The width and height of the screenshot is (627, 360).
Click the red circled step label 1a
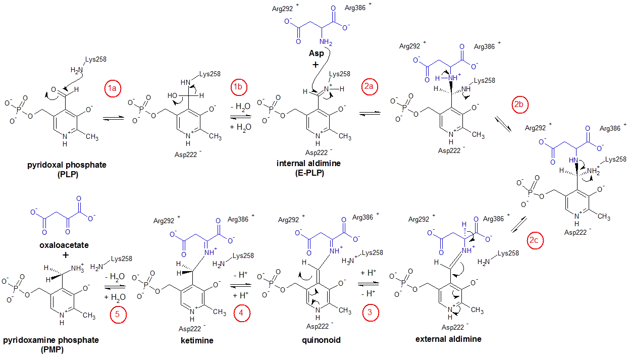[x=112, y=88]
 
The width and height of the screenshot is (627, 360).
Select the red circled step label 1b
[x=239, y=87]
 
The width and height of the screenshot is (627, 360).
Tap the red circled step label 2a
[x=370, y=86]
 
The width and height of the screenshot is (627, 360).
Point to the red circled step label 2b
[x=520, y=105]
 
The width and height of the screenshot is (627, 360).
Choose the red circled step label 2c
[x=535, y=240]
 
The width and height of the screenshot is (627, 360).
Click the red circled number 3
[x=371, y=313]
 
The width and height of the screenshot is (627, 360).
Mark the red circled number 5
[x=118, y=315]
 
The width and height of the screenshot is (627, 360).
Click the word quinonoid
[x=321, y=340]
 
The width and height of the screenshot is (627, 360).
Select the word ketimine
[x=197, y=340]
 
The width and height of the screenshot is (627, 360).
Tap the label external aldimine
[x=448, y=339]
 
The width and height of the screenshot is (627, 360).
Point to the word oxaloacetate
[x=64, y=245]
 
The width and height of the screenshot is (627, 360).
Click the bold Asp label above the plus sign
[x=317, y=54]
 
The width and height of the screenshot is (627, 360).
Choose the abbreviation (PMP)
[x=52, y=349]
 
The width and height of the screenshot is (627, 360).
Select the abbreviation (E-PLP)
[x=309, y=173]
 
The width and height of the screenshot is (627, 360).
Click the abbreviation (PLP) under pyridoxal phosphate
[x=68, y=174]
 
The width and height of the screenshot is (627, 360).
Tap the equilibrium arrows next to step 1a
[x=114, y=119]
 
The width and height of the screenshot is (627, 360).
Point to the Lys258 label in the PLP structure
[x=96, y=60]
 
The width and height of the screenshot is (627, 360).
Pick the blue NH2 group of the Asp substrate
[x=326, y=42]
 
